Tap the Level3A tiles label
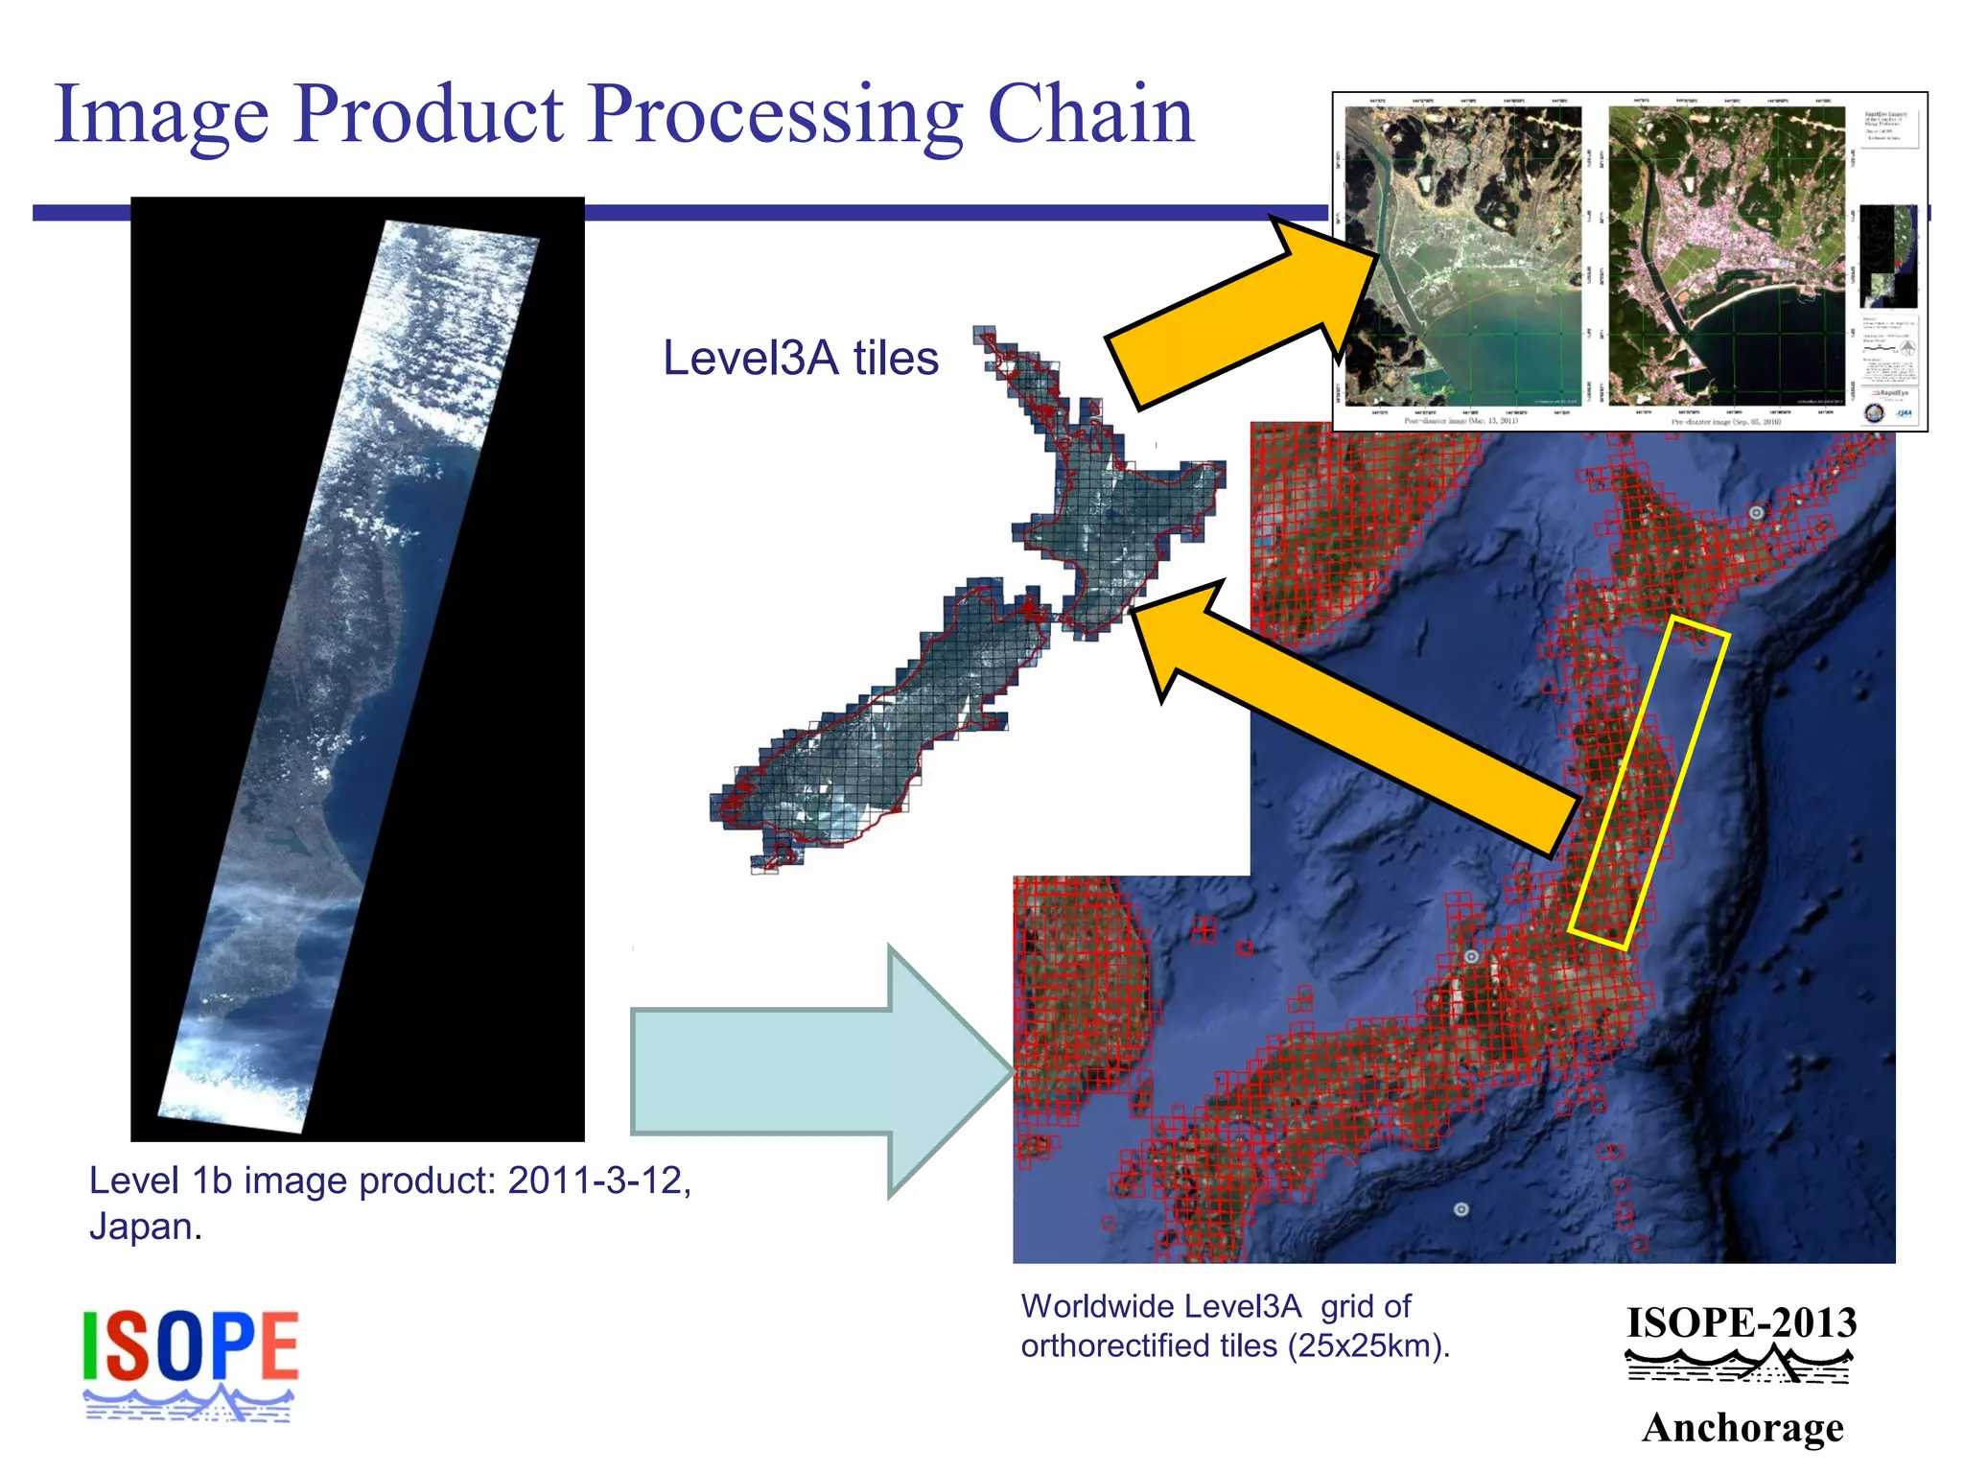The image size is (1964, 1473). point(800,359)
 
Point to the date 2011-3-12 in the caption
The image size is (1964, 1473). point(597,1181)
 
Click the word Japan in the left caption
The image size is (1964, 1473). point(144,1227)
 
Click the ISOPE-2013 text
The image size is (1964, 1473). point(1742,1323)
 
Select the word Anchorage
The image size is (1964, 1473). point(1742,1427)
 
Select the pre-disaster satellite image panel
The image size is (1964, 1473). point(1726,255)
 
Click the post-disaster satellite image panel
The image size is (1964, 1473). point(1462,255)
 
